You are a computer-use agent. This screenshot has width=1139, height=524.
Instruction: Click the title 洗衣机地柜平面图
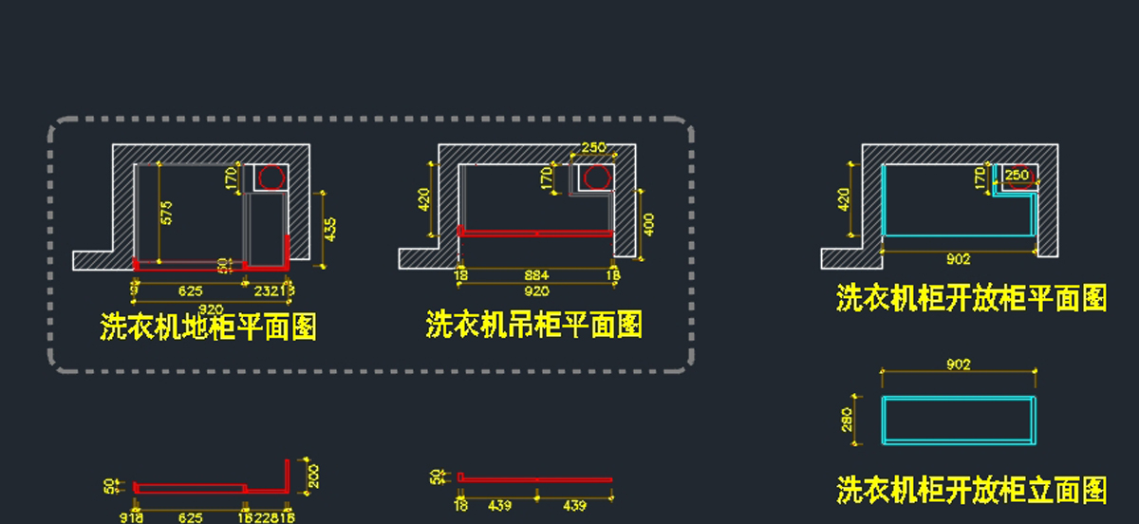tap(208, 327)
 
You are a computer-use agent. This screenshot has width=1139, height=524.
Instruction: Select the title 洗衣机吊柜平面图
tap(534, 326)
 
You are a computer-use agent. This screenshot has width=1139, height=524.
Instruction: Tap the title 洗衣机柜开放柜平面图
tap(971, 298)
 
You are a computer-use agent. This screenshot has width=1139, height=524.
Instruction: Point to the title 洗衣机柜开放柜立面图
tap(971, 490)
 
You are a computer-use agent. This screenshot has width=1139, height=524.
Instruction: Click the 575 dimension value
tap(167, 213)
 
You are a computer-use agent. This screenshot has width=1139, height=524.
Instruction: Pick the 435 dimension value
tap(330, 230)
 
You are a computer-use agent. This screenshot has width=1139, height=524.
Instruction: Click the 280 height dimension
tap(848, 420)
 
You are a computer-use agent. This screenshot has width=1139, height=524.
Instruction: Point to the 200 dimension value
tap(315, 475)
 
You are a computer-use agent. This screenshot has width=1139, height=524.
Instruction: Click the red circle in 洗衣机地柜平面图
tap(272, 177)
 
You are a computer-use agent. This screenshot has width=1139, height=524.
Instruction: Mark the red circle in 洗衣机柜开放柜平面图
tap(1019, 178)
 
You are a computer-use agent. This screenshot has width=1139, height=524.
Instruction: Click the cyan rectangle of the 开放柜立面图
tap(959, 420)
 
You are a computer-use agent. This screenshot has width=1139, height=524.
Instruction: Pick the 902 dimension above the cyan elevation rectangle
tap(959, 365)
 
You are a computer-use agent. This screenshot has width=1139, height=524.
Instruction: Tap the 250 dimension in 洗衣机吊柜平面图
tap(593, 147)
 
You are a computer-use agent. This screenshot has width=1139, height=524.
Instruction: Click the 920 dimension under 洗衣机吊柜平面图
tap(536, 291)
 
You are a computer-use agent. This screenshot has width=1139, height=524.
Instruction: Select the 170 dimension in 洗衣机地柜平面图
tap(231, 178)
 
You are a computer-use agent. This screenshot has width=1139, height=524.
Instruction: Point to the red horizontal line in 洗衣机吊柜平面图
tap(536, 232)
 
